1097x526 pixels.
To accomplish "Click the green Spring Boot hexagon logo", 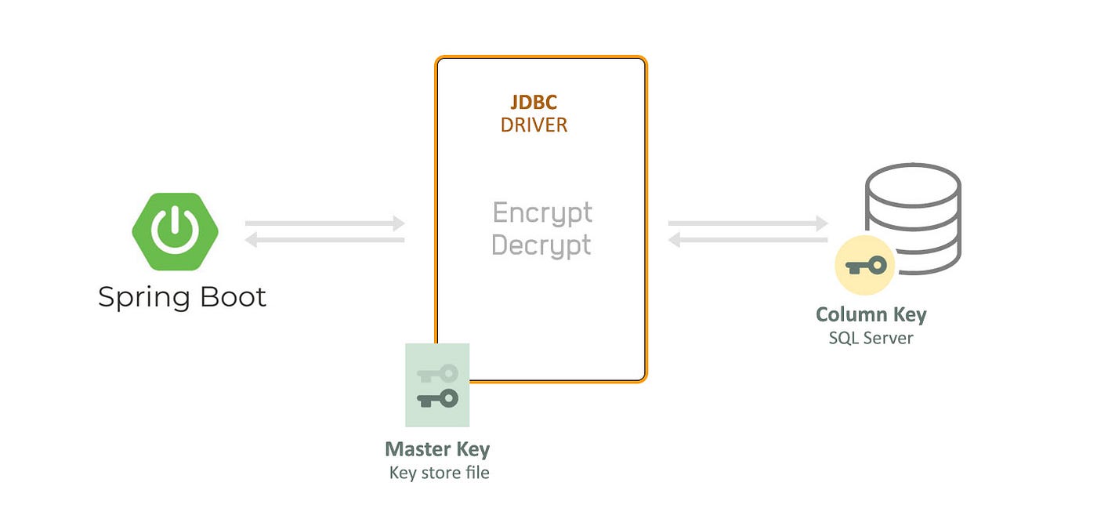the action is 175,231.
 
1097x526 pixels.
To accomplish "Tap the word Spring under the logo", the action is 144,297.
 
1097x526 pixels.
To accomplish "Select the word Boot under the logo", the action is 234,296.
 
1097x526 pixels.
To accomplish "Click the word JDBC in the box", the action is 534,103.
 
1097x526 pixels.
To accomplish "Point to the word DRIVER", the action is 534,125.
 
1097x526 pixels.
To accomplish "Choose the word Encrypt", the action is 542,213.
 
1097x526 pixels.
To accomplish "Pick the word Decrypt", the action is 541,245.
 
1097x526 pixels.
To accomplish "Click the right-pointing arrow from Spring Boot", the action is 324,223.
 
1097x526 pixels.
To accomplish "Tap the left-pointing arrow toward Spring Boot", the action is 324,240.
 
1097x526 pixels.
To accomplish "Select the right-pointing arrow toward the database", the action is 748,223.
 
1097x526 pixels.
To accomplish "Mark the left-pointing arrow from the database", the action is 748,240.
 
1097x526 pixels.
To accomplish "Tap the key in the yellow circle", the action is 866,267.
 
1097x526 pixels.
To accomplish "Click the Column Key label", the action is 871,314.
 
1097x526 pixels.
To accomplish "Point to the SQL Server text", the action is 871,338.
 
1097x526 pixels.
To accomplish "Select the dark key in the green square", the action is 437,399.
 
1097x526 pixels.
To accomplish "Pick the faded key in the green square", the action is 437,374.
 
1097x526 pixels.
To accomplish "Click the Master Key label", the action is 437,449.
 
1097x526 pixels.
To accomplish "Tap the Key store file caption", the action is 440,473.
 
